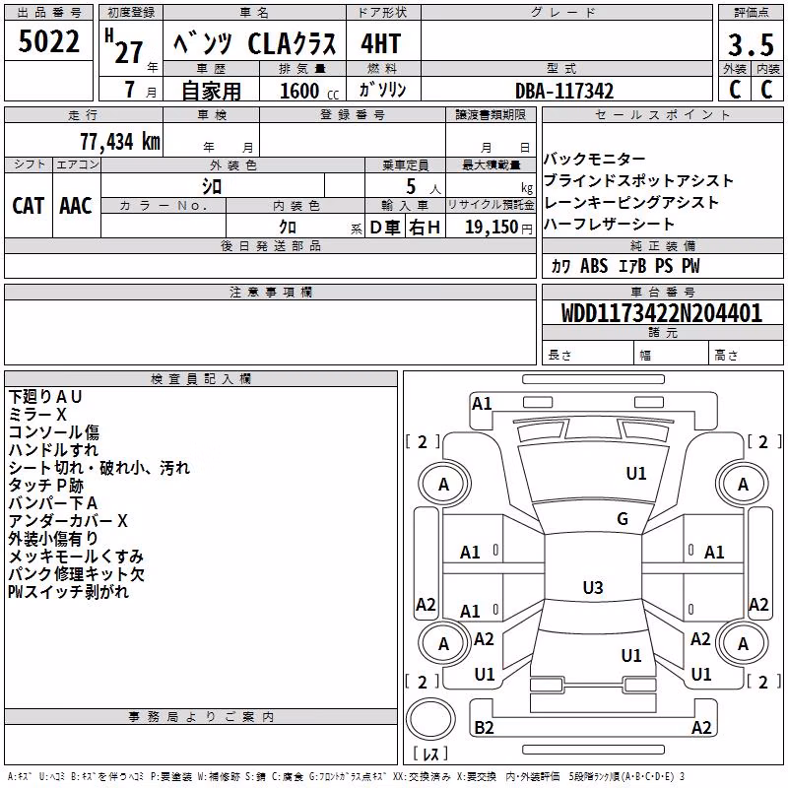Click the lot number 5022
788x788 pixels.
(48, 41)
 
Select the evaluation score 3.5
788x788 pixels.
(751, 44)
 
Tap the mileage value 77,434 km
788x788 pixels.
(120, 141)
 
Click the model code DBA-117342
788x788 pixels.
(564, 91)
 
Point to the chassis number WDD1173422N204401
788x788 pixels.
(661, 313)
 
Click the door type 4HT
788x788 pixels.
(381, 43)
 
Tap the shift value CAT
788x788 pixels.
(29, 206)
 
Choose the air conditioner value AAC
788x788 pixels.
(76, 206)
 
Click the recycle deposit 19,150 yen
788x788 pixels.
(498, 228)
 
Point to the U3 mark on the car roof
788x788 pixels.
(593, 587)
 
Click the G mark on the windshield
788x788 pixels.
(623, 519)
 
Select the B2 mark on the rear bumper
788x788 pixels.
(484, 727)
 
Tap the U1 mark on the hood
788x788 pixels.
(636, 473)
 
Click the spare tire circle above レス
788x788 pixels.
(430, 719)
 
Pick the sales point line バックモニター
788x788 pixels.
(595, 160)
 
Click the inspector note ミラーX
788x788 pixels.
(37, 415)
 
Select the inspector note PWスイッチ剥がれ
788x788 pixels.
(68, 592)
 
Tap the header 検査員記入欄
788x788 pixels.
(201, 379)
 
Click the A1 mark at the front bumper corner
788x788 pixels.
(482, 404)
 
